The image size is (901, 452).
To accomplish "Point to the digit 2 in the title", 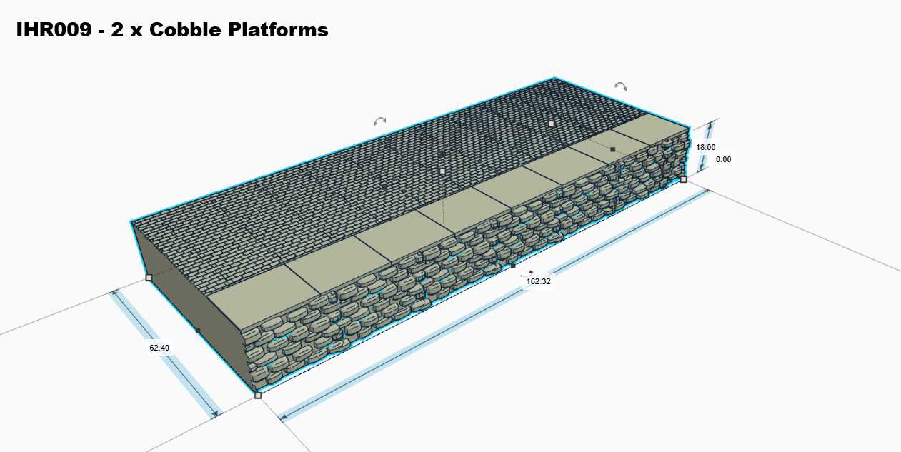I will (x=117, y=30).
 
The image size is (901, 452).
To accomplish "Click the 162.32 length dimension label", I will (x=538, y=281).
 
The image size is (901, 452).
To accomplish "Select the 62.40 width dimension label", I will (x=159, y=348).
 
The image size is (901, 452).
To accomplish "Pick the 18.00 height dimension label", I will (x=705, y=147).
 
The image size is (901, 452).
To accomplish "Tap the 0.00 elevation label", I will (x=723, y=159).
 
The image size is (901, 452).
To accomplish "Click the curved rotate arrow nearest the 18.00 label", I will (x=621, y=86).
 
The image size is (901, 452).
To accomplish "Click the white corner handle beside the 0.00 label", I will (x=683, y=179).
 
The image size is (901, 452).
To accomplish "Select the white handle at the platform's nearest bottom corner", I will (x=258, y=395).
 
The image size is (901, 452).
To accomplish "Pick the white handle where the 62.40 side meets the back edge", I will (x=149, y=277).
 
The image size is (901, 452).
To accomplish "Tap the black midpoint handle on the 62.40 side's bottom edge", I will (x=198, y=331).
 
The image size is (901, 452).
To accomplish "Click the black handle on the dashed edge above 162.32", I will (x=513, y=266).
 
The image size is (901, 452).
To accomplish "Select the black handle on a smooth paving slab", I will (x=612, y=149).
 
